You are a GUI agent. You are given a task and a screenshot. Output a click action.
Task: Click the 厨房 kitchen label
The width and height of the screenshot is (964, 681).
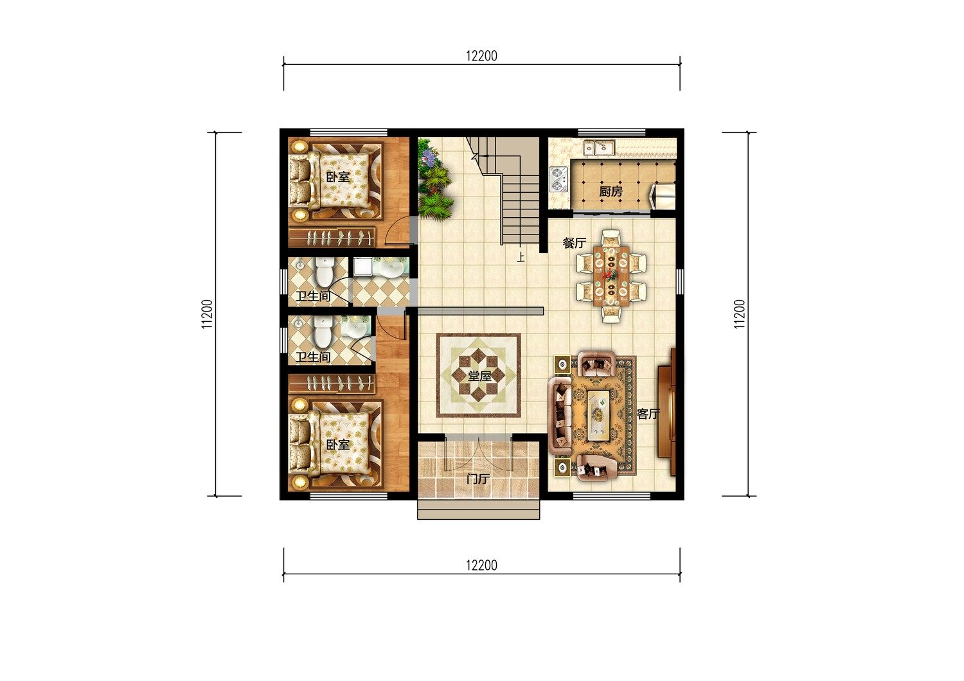(611, 191)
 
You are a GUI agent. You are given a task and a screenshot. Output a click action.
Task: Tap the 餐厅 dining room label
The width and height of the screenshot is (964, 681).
(575, 243)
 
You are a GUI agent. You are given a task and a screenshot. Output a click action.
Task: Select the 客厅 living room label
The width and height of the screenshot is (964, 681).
(648, 414)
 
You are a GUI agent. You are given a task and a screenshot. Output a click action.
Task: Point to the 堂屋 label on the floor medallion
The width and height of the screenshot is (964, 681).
(479, 376)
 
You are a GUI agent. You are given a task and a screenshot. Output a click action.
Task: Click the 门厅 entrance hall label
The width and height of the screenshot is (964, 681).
(478, 479)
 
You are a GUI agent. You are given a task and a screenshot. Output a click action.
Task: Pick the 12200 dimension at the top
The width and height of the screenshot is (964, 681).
(481, 56)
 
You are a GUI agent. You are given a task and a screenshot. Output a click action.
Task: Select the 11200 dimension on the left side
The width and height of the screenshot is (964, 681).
(208, 314)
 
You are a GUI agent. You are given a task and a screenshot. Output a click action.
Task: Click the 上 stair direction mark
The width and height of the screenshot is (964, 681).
(521, 257)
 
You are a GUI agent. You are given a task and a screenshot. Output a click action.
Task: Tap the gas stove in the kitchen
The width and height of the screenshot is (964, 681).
(558, 179)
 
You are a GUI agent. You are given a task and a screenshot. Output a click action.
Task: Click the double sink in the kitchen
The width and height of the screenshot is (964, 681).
(600, 148)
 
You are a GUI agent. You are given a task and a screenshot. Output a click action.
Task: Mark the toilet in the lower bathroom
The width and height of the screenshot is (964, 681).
(323, 332)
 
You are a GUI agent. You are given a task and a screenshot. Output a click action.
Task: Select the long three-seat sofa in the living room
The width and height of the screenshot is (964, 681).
(560, 416)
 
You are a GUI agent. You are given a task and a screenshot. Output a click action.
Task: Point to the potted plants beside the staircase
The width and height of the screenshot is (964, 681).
(434, 179)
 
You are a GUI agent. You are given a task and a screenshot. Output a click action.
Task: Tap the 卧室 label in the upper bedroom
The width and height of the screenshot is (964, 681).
(338, 177)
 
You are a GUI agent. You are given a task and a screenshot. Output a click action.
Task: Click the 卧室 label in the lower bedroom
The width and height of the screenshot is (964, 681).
(338, 445)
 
